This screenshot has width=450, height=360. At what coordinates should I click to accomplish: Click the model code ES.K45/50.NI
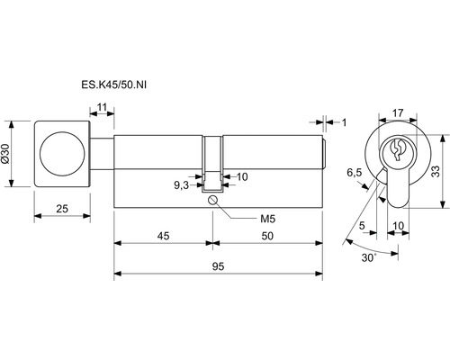tap(114, 85)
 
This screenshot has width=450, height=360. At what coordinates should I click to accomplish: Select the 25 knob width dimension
tap(62, 208)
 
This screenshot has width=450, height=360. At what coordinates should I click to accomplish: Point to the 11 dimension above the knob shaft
tap(102, 107)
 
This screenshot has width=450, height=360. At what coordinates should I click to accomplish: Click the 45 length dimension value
tap(163, 236)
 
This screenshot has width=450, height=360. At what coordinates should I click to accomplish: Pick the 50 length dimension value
tap(267, 236)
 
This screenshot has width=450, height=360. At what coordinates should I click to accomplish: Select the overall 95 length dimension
tap(218, 266)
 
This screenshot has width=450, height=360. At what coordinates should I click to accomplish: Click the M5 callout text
tap(267, 219)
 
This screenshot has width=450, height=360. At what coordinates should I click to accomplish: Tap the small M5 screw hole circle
tap(212, 200)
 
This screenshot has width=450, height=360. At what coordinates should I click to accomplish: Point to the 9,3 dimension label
tap(182, 185)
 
